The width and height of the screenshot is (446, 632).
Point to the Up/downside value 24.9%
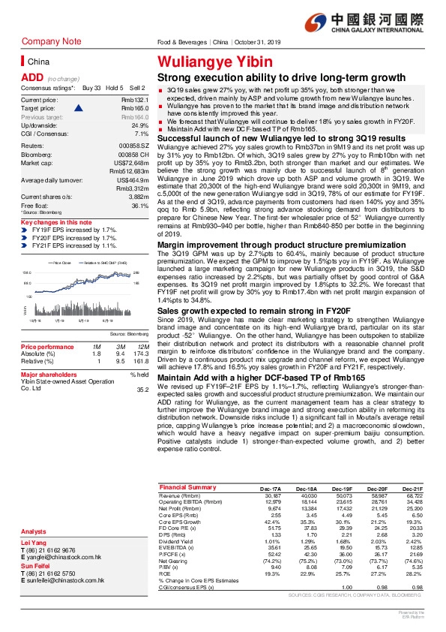133,125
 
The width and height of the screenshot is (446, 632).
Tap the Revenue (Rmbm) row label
181,495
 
